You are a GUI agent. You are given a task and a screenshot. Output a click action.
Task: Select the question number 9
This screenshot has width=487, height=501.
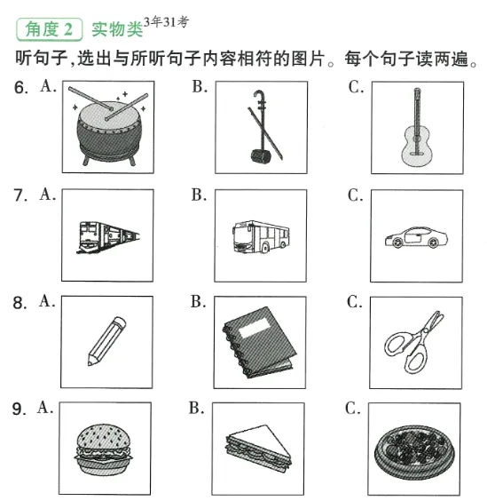19,410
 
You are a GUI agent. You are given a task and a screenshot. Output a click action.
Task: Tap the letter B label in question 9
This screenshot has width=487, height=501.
199,409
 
